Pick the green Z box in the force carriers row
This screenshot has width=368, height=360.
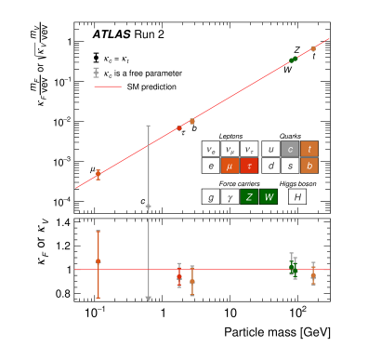click(x=249, y=196)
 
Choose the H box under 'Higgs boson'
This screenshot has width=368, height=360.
click(x=296, y=196)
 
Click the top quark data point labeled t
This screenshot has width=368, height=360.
click(x=313, y=48)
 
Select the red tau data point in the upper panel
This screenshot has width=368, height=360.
click(x=179, y=127)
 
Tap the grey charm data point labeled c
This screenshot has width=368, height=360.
click(x=149, y=206)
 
